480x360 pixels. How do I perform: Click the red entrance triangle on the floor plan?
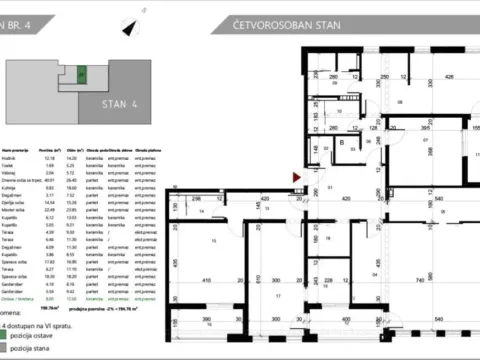(294, 178)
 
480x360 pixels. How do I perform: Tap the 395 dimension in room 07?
(423, 128)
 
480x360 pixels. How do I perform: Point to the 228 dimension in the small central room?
(331, 281)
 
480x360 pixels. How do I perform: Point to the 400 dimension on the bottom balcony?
(345, 320)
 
